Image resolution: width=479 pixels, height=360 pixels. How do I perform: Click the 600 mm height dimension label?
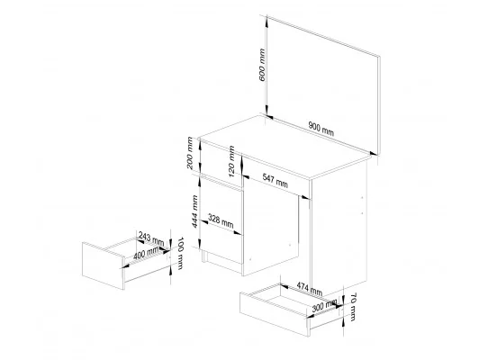[262, 65]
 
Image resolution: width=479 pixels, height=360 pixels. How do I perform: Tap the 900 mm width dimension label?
[321, 129]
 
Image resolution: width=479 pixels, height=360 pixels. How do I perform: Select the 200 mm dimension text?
[190, 153]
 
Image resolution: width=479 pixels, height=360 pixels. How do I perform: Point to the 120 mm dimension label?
[231, 161]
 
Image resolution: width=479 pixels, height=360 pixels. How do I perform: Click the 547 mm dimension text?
[275, 181]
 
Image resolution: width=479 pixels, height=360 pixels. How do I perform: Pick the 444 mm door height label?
[194, 211]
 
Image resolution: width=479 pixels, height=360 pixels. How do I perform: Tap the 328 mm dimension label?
[221, 221]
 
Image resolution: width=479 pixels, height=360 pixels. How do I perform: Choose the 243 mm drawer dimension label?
[151, 238]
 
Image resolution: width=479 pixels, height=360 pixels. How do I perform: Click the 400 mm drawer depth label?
[146, 253]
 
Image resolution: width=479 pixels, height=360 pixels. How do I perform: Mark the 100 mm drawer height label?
[180, 253]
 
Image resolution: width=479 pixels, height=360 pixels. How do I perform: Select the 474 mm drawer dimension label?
[310, 289]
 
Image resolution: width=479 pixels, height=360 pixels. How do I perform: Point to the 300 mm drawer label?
[324, 306]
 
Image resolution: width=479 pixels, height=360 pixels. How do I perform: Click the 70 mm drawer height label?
[353, 307]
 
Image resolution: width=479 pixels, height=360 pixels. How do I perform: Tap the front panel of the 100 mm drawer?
[103, 265]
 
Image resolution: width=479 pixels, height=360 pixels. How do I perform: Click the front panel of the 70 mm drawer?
[275, 314]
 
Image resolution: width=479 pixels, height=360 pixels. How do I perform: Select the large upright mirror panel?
[323, 85]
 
